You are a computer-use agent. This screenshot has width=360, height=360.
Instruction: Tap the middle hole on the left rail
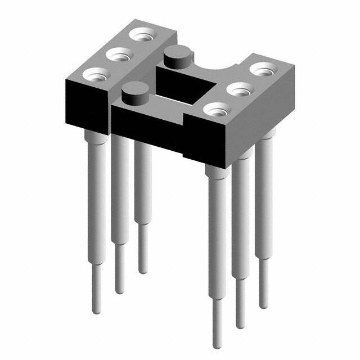coord(119,55)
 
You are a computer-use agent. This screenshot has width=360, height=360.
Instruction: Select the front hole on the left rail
coord(97,74)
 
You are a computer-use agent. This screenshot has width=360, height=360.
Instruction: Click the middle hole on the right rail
coord(239,89)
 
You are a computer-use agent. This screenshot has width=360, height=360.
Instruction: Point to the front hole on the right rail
coord(217,109)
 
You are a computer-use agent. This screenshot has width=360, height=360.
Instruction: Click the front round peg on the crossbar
coord(133,91)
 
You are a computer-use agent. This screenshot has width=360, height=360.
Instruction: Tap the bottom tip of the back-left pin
coord(143,272)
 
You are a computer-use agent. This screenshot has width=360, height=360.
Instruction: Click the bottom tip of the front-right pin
coord(217,345)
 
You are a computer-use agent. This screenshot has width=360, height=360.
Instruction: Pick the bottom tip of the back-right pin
coord(263,306)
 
